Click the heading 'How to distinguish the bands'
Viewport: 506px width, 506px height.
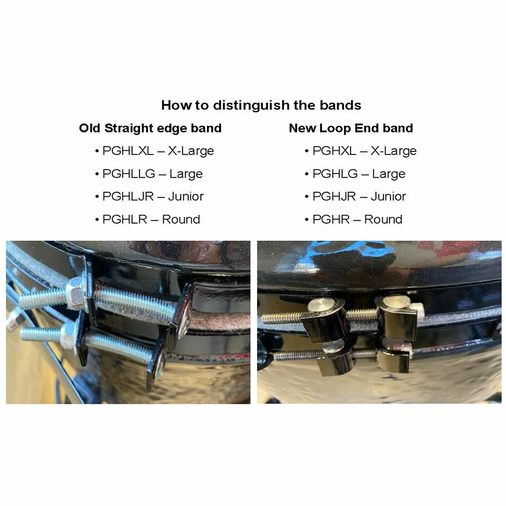[x=261, y=105]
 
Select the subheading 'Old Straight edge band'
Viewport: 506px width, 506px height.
[x=150, y=128]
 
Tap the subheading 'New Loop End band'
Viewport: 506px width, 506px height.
[x=351, y=128]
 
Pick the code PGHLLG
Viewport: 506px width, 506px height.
[x=129, y=174]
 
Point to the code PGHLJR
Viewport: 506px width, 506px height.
[x=128, y=196]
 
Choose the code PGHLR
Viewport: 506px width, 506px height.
[x=124, y=219]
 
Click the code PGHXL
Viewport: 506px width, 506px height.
[x=334, y=151]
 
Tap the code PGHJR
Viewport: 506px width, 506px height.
[x=334, y=196]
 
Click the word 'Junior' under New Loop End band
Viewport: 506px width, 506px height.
[x=388, y=196]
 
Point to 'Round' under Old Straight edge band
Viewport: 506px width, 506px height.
[x=181, y=219]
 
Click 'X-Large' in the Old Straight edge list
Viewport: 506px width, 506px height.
[x=191, y=151]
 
